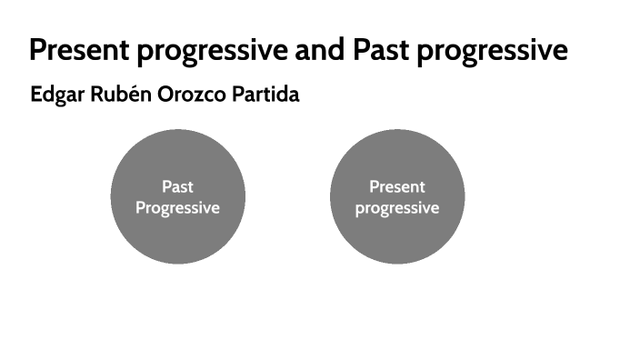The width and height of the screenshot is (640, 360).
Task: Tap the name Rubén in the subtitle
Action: (116, 95)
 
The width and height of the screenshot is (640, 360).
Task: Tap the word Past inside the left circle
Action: (177, 187)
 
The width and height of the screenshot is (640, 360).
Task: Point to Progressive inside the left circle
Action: (177, 208)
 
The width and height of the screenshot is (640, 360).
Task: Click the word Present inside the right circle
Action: (397, 187)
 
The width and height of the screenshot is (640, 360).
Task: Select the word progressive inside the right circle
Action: (397, 208)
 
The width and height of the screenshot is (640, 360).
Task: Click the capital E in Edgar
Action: (35, 95)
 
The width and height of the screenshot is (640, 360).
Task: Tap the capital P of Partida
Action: (238, 95)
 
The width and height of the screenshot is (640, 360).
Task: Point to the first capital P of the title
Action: (38, 50)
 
